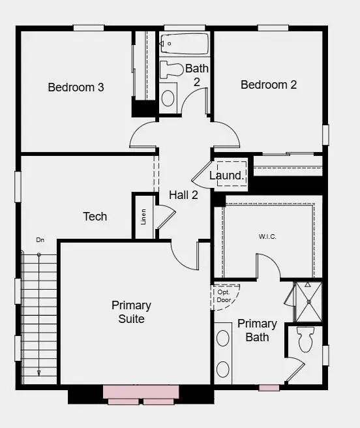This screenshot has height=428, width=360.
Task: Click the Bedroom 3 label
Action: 76,87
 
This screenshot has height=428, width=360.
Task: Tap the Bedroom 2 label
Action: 269,84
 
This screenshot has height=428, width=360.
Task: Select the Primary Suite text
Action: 131,312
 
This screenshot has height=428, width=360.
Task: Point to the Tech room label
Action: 95,216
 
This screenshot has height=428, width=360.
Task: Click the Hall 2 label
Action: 183,194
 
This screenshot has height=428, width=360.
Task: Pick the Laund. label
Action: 226,176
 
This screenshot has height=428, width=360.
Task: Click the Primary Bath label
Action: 257,330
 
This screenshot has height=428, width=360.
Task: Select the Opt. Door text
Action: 224,296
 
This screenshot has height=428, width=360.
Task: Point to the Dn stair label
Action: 40,239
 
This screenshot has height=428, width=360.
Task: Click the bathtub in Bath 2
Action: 185,44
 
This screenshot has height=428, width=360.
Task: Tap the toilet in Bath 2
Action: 173,69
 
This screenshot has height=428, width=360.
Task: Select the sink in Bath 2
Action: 168,98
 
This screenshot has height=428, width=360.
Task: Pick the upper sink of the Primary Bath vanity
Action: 223,338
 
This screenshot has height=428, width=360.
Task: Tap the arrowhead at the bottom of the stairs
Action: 38,373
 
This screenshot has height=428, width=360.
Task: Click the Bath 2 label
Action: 196,74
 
